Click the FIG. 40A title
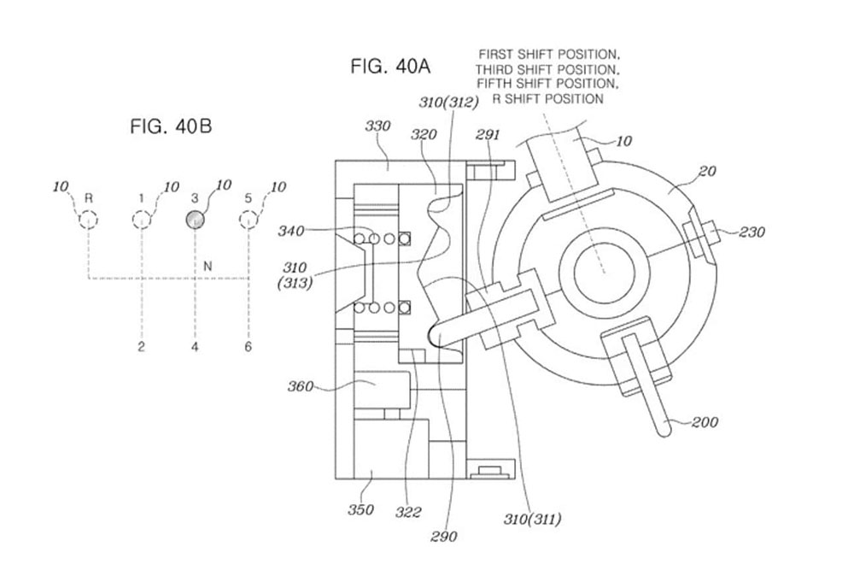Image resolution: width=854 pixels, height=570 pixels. pos(390,67)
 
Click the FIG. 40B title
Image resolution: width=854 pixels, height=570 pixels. pos(171,126)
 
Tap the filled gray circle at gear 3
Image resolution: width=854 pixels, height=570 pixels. pos(195,220)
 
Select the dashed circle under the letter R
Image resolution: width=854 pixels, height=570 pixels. pos(88,220)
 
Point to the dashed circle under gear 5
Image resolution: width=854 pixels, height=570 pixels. pos(249,220)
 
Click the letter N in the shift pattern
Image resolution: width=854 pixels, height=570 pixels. pos(207,267)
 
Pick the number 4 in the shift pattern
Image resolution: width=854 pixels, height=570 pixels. pos(195,347)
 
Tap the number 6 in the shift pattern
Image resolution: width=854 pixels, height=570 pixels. pos(248,347)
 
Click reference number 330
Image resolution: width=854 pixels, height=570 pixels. pos(377,126)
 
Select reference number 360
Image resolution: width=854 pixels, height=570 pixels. pos(300,386)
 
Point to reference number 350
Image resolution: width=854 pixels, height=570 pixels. pos(360,509)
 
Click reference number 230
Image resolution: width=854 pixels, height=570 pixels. pos(752,232)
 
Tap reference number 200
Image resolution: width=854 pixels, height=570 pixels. pos(705,422)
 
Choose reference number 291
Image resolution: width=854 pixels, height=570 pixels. pos(487,135)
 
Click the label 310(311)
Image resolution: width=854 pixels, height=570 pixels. pos(532,519)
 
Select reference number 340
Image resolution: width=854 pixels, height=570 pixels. pos(291,231)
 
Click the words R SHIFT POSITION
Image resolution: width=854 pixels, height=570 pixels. pos(548,99)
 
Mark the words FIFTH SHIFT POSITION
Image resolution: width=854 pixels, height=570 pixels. pos(548,84)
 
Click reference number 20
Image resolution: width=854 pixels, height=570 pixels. pos(707,171)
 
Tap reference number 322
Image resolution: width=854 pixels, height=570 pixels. pos(408,512)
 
